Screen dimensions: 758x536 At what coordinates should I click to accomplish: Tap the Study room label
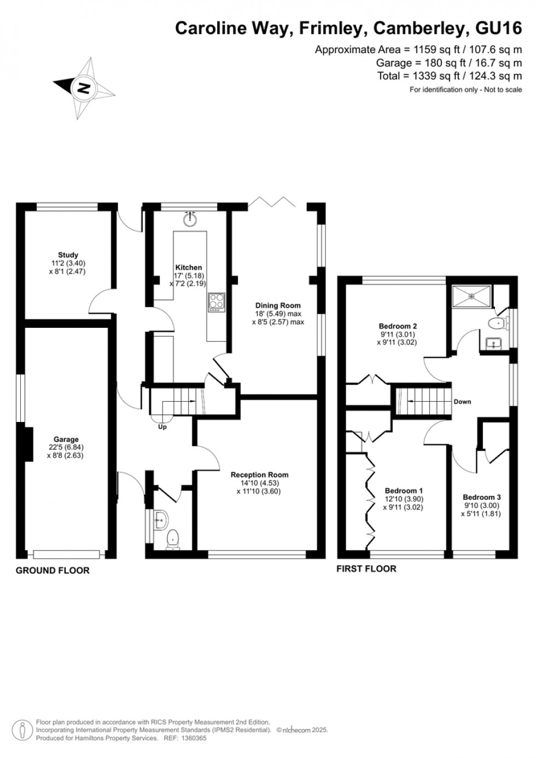(x=68, y=255)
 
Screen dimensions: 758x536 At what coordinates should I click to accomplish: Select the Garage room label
(x=66, y=439)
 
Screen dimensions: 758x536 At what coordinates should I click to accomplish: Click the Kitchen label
(x=189, y=268)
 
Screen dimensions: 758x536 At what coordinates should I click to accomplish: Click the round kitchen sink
(x=190, y=219)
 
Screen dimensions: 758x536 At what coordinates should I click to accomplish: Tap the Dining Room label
(x=278, y=305)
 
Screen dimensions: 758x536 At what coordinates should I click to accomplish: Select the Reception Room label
(x=259, y=475)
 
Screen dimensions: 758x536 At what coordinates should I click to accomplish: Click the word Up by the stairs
(x=162, y=427)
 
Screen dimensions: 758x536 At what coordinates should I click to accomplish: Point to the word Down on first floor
(x=462, y=402)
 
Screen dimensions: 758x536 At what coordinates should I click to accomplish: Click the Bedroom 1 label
(x=404, y=491)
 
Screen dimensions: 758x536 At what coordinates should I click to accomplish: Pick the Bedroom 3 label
(x=481, y=497)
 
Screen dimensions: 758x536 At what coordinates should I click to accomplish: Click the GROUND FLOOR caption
(x=53, y=570)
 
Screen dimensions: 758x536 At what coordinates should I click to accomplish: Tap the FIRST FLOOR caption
(x=366, y=569)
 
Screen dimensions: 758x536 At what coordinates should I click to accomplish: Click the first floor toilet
(x=496, y=323)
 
